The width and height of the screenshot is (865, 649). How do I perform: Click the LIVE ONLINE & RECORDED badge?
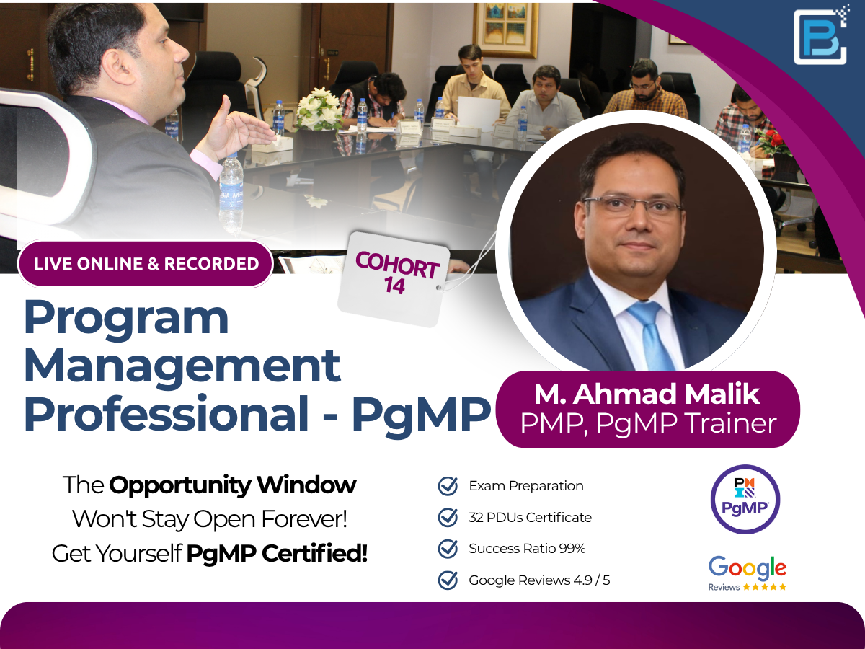tap(146, 264)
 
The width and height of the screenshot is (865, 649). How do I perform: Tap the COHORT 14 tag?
tap(394, 279)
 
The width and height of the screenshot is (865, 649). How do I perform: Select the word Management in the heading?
tap(182, 366)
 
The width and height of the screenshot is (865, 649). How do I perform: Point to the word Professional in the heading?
tap(167, 413)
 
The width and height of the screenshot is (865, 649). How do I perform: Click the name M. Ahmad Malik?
tap(647, 393)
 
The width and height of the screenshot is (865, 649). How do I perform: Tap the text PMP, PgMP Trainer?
tap(648, 423)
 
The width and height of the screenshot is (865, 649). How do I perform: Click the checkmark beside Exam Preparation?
tap(448, 486)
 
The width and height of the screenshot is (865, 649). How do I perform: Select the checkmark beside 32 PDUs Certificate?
tap(448, 517)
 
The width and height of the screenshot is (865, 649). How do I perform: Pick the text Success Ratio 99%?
tap(527, 549)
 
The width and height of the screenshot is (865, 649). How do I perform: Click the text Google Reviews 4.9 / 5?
tap(539, 580)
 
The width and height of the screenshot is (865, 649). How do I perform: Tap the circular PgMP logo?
tap(745, 499)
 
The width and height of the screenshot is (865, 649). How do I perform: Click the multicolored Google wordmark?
tap(748, 568)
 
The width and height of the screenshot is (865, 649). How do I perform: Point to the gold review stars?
tap(765, 587)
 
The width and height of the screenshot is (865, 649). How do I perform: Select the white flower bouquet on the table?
tap(319, 108)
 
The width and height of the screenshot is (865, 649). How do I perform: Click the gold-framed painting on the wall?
tap(505, 30)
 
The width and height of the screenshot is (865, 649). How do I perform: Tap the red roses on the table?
tap(773, 141)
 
